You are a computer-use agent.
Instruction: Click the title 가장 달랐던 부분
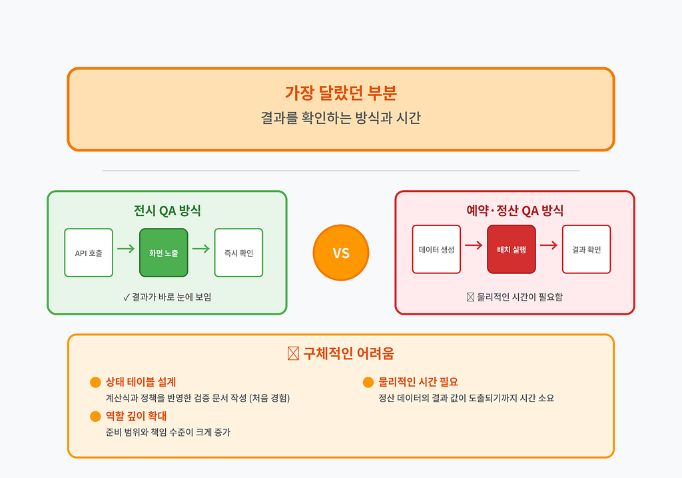click(340, 93)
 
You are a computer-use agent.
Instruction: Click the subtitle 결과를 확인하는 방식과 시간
click(340, 117)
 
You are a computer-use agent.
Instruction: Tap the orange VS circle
click(341, 253)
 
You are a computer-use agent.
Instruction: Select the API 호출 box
click(89, 253)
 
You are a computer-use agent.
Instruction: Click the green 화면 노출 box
click(164, 253)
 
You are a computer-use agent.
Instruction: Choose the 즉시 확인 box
click(239, 253)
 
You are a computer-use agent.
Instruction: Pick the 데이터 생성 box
click(436, 249)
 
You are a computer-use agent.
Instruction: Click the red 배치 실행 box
click(511, 249)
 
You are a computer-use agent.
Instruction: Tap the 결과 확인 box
click(586, 249)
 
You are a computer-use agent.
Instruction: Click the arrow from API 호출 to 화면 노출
click(126, 249)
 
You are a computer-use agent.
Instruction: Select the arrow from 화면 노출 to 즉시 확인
click(201, 249)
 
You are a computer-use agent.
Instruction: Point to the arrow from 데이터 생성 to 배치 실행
click(474, 245)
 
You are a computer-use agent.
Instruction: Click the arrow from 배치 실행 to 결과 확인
click(549, 245)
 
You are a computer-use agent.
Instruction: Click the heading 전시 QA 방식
click(167, 211)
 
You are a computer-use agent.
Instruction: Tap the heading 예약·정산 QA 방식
click(515, 211)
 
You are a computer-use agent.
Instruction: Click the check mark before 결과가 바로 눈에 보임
click(127, 297)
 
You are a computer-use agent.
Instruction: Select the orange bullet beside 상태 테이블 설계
click(95, 382)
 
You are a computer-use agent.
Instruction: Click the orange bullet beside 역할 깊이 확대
click(95, 416)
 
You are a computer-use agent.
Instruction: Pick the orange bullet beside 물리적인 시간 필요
click(368, 382)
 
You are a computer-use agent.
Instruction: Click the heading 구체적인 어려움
click(348, 353)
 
